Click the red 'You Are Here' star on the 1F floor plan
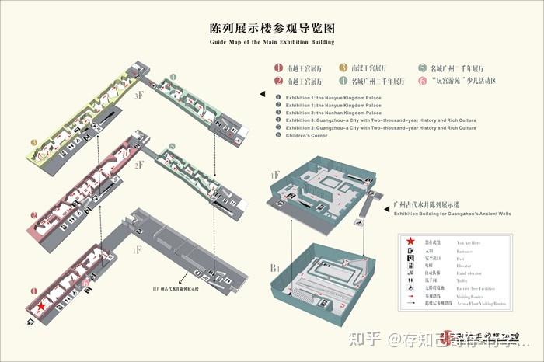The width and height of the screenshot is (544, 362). click(x=40, y=307)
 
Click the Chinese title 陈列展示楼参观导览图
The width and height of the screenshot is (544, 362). click(x=271, y=27)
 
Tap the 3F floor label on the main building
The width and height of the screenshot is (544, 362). click(x=138, y=96)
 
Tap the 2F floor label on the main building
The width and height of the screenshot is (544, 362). click(x=140, y=165)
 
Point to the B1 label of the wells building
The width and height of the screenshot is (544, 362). click(x=274, y=268)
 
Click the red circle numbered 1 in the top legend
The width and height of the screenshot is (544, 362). click(x=277, y=68)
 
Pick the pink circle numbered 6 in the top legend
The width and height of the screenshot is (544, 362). click(x=422, y=81)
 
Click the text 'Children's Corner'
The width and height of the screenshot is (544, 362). click(x=306, y=135)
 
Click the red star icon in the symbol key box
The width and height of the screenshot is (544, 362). click(x=410, y=242)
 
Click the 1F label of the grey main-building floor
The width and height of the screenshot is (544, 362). click(x=137, y=250)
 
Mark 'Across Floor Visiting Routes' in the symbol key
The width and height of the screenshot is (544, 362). click(x=479, y=304)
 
